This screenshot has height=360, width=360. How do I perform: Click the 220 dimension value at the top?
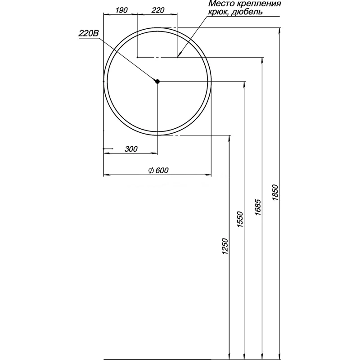[157, 9]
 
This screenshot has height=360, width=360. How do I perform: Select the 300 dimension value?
[131, 149]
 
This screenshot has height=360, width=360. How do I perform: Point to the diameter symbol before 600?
[151, 170]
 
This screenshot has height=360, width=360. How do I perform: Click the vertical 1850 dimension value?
[276, 193]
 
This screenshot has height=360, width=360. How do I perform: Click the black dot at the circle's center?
[157, 81]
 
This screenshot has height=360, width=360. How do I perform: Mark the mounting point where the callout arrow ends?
[178, 57]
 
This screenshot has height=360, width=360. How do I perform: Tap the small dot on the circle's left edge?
[104, 81]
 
